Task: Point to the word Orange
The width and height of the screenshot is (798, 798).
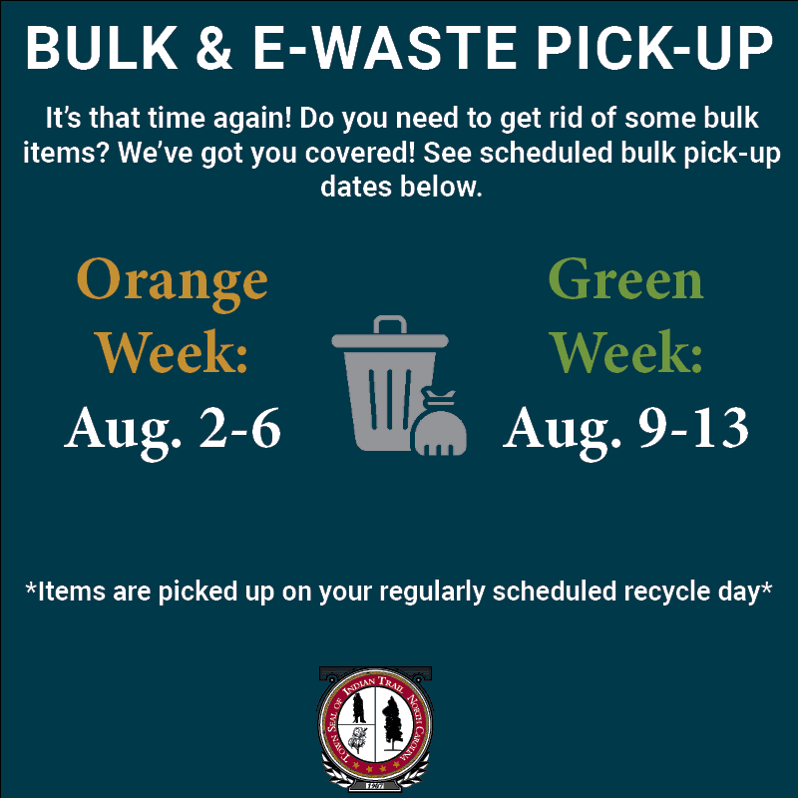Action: (x=172, y=280)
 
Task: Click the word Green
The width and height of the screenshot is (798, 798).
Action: (x=625, y=280)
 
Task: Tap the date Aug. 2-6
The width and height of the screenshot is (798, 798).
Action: (x=173, y=429)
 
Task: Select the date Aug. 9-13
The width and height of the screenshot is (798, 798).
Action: (x=625, y=429)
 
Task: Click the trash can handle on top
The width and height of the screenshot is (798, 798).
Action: (x=390, y=326)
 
